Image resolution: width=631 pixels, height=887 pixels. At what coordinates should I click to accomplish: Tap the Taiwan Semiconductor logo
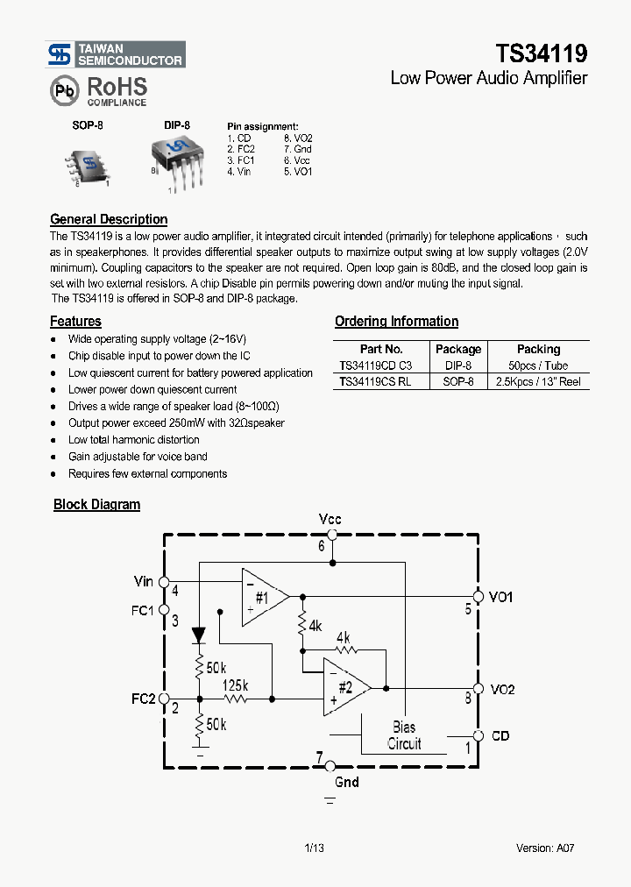click(116, 54)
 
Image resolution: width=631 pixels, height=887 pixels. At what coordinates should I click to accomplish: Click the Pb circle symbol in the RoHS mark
click(63, 90)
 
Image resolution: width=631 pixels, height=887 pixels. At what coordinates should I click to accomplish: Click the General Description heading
click(109, 219)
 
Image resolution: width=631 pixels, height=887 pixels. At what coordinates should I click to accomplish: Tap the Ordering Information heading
click(396, 322)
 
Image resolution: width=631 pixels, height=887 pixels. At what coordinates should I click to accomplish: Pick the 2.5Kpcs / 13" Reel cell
click(539, 382)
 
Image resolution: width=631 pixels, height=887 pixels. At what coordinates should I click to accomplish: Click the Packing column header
click(538, 349)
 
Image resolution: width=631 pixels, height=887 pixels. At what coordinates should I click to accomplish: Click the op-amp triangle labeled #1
click(263, 597)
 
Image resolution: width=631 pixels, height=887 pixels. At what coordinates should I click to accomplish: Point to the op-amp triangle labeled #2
click(344, 685)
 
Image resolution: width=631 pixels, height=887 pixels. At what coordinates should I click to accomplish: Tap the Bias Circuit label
click(404, 735)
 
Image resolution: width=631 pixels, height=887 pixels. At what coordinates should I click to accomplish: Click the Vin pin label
click(144, 581)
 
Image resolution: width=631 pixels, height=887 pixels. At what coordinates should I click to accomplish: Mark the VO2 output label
click(502, 690)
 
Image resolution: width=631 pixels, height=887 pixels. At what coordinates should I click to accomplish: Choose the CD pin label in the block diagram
click(500, 736)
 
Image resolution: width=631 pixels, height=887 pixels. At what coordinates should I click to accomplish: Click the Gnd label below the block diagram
click(347, 782)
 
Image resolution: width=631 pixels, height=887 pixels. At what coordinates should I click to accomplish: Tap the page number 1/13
click(314, 848)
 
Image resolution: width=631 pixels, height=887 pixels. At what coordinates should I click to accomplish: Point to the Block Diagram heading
click(96, 504)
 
